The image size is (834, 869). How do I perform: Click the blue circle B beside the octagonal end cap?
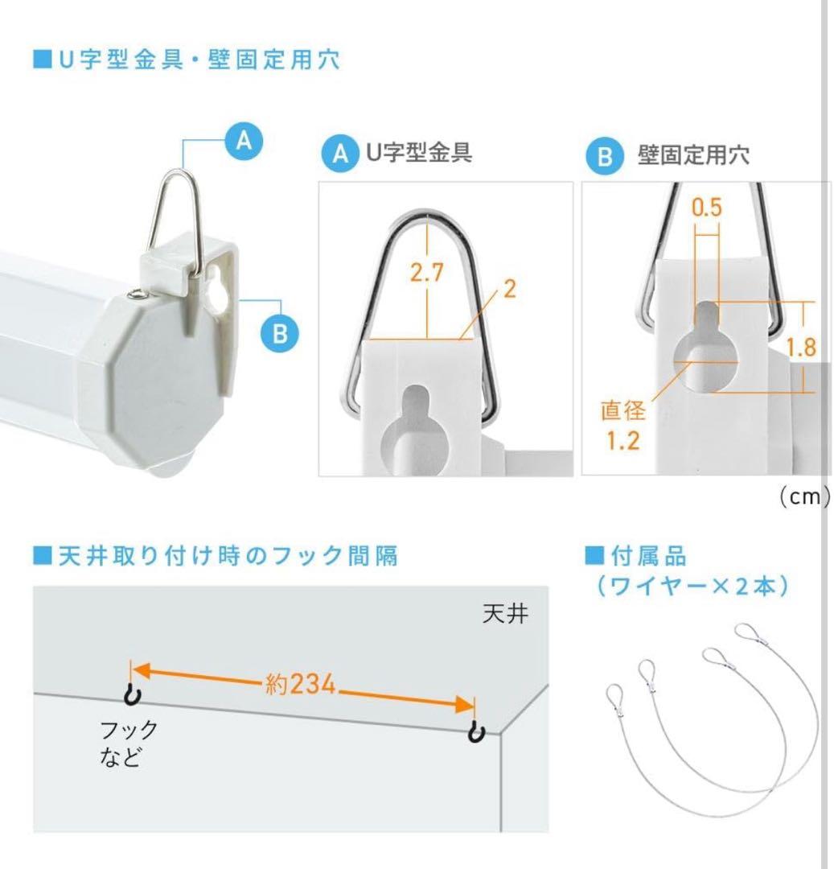point(279,332)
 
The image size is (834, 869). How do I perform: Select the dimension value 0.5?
point(706,209)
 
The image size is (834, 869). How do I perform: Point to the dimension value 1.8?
point(800,348)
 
